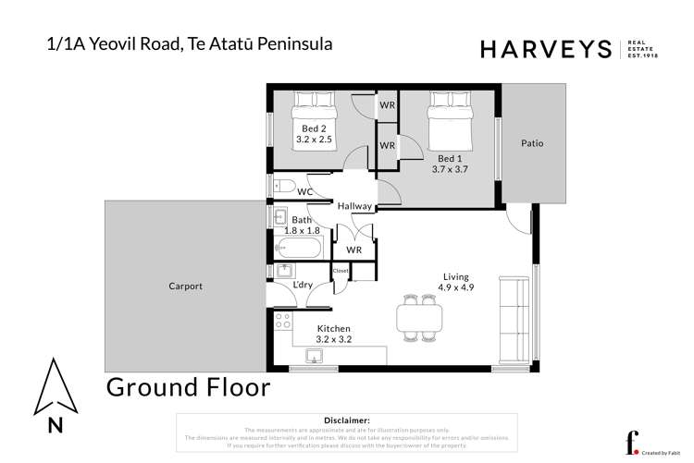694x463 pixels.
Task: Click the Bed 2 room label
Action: [314, 128]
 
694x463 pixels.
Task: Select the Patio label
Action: [531, 143]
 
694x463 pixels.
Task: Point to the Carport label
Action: [185, 286]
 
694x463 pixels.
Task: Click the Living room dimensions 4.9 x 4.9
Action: [455, 287]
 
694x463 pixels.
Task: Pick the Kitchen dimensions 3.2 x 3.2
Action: [333, 339]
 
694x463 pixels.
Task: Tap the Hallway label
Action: [354, 206]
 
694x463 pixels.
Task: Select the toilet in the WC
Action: [284, 188]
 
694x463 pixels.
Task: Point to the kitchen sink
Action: [315, 357]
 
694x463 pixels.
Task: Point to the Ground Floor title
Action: [189, 387]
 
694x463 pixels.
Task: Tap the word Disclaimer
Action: [347, 420]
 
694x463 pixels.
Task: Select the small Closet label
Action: [341, 271]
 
